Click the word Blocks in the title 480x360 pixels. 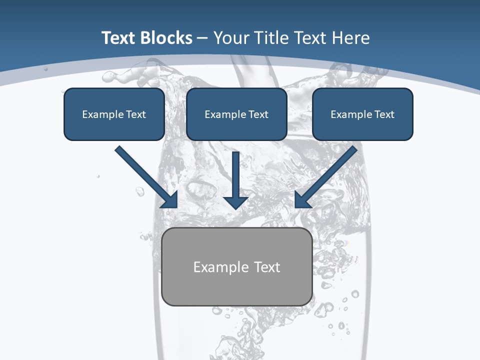click(x=166, y=38)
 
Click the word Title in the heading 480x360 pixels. click(x=273, y=38)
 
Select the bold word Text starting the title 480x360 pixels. click(x=119, y=38)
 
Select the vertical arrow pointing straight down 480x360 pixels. click(x=235, y=180)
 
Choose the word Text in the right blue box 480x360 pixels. click(x=384, y=114)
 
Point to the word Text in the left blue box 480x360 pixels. click(x=136, y=114)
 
